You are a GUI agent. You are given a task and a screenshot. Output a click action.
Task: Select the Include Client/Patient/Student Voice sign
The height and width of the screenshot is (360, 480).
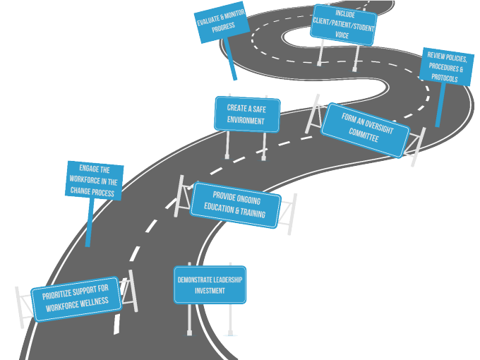tap(343, 25)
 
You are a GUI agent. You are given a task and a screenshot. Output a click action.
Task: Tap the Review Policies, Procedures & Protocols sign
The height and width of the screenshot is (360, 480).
tap(446, 66)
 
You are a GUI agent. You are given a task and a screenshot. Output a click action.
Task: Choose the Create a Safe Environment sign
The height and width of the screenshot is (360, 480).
tap(246, 114)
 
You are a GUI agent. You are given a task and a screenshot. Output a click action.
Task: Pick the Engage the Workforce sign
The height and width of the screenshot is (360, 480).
tap(94, 181)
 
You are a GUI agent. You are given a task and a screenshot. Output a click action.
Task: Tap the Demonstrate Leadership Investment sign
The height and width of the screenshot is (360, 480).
tap(210, 284)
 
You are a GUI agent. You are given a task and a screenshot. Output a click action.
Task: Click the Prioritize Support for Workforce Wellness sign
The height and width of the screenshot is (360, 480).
tap(76, 299)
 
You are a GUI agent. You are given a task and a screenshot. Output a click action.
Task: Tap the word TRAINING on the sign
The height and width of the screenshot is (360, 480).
tap(252, 213)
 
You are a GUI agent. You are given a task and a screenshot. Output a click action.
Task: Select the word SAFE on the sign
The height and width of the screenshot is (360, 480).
tap(257, 109)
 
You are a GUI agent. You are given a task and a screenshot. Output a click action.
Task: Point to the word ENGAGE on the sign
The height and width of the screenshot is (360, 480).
tap(89, 169)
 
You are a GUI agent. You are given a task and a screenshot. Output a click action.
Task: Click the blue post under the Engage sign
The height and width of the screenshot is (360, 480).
tap(89, 222)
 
